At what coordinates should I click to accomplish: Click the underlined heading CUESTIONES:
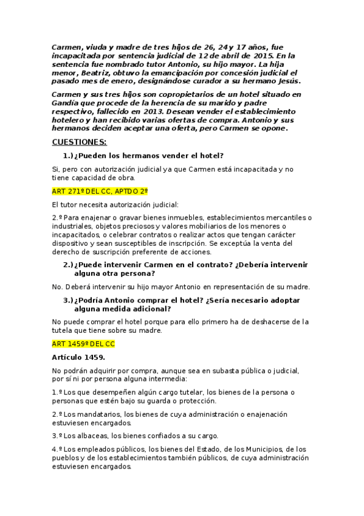[79, 142]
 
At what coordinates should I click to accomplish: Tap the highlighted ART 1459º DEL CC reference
[83, 343]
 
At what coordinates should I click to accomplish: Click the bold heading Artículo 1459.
[78, 357]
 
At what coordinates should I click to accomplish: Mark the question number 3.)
[68, 300]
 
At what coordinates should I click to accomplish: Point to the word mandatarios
[100, 414]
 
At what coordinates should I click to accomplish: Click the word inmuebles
[184, 217]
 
